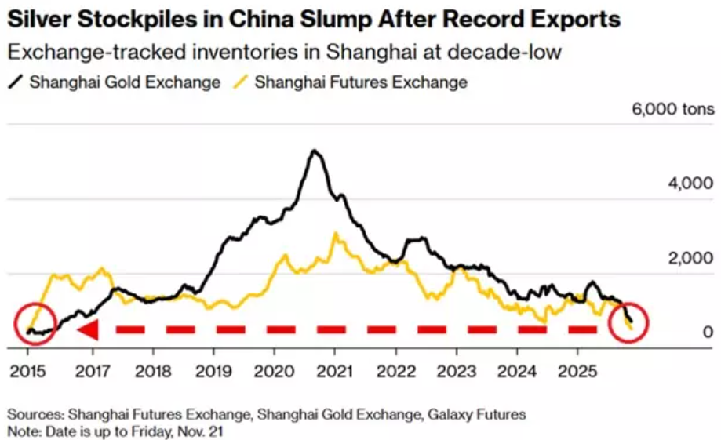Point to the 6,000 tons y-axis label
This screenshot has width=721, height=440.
tap(673, 108)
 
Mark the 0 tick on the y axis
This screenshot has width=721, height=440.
tap(708, 333)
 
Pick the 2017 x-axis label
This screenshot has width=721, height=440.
tap(93, 370)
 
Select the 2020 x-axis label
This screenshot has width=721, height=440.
tap(274, 370)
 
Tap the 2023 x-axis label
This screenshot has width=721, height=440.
tap(457, 370)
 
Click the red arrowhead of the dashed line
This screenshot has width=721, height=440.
tap(88, 330)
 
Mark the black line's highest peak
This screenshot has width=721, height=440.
tap(314, 151)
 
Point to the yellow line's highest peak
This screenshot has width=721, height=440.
tap(336, 233)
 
